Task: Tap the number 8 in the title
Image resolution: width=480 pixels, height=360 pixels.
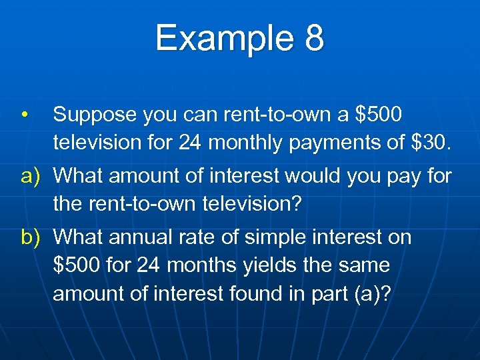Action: point(315,38)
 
